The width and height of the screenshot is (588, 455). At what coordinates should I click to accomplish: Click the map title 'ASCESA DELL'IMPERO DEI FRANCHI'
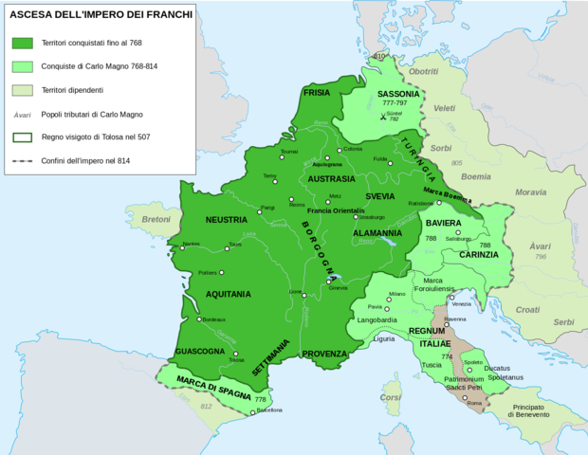(100, 14)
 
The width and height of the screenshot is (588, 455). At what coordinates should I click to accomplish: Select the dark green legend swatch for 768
(23, 43)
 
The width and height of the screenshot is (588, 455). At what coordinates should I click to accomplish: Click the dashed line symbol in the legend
(23, 161)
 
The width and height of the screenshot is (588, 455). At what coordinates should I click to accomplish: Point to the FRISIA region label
(316, 93)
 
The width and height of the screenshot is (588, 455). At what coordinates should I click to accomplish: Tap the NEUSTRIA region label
(226, 220)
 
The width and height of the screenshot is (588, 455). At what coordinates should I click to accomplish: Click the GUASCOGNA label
(200, 352)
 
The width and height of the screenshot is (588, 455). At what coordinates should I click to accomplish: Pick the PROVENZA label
(324, 354)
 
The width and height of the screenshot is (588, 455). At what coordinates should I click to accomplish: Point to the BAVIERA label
(443, 224)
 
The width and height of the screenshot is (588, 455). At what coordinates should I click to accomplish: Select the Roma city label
(475, 404)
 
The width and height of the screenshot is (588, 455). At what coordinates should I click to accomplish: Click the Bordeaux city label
(214, 319)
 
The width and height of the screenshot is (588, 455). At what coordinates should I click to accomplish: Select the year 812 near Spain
(206, 406)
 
